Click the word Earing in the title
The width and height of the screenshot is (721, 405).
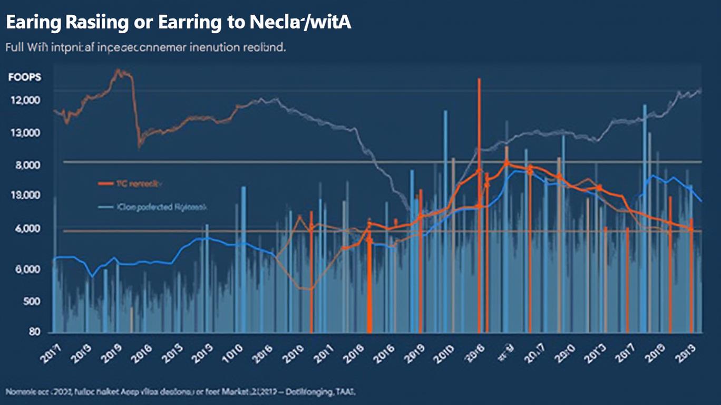(33, 23)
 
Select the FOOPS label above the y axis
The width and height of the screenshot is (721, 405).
(25, 77)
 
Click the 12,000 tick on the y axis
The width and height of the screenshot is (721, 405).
(25, 100)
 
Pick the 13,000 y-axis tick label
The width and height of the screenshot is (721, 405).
(25, 133)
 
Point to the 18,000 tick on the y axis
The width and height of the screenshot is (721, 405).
(25, 196)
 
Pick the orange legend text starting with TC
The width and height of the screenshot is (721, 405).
(139, 184)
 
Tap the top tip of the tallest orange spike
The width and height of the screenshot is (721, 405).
(479, 79)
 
